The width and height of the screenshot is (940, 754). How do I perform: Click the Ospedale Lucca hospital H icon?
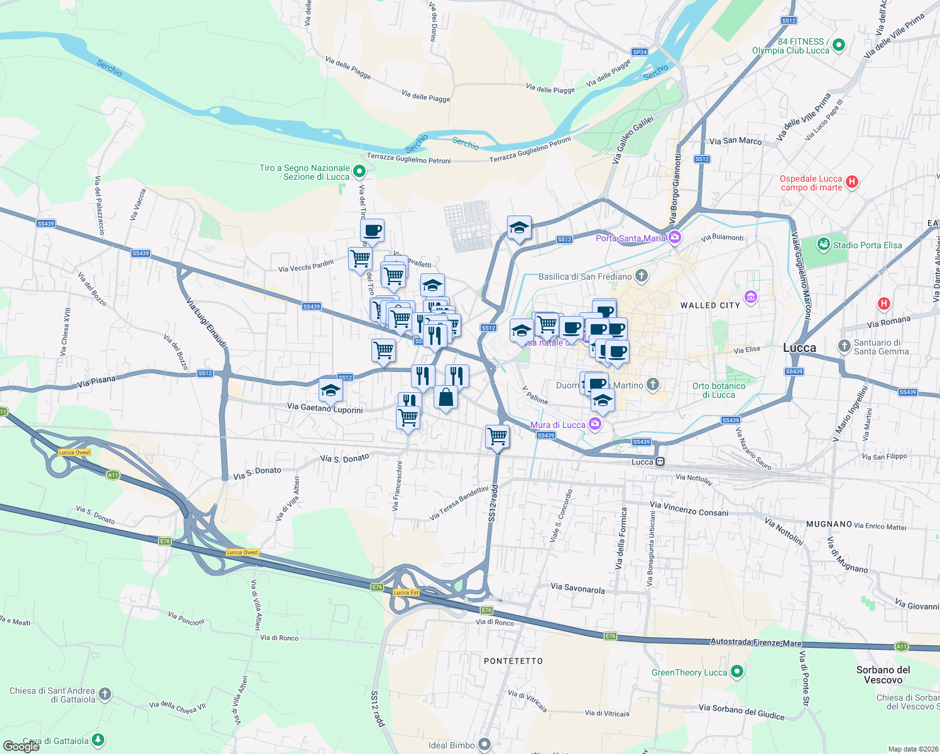[x=852, y=182]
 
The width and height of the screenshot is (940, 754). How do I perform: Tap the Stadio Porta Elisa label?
[x=867, y=245]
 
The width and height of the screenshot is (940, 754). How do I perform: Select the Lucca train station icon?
[x=660, y=462]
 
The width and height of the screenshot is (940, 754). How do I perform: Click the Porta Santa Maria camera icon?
[x=675, y=238]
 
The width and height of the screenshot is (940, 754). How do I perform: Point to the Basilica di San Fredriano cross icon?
[x=642, y=275]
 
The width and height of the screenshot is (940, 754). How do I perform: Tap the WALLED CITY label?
[x=710, y=305]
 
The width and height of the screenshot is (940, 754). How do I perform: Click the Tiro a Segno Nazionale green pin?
[x=359, y=171]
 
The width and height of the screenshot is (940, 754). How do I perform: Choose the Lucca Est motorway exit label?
[x=406, y=593]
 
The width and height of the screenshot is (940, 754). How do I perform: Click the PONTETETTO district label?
[x=513, y=661]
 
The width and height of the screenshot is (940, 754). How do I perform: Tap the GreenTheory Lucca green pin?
[x=738, y=672]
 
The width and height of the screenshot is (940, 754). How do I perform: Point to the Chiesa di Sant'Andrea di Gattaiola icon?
[x=105, y=694]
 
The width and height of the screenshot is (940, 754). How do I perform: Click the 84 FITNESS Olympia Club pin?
[x=839, y=45]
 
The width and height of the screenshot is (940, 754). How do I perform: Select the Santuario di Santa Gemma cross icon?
[x=844, y=346]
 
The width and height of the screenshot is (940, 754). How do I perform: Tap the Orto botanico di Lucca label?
[x=719, y=390]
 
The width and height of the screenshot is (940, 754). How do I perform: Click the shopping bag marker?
[x=445, y=398]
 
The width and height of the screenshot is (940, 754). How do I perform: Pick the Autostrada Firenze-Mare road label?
[x=756, y=642]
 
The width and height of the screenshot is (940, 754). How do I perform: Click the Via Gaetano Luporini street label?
[x=325, y=408]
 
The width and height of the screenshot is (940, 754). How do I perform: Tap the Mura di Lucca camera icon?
[x=595, y=424]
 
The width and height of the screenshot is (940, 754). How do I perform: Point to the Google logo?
[x=21, y=746]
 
